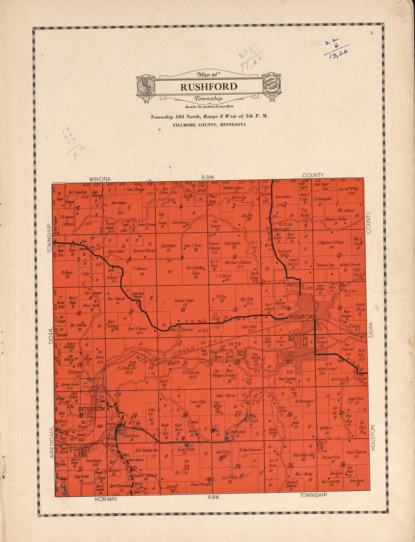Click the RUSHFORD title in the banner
point(209,87)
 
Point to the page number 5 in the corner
point(372,34)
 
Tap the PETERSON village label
point(91,409)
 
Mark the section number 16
point(183,310)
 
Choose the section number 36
point(342,464)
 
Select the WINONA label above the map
point(100,179)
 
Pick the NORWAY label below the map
point(106,499)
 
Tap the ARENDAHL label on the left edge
point(53,442)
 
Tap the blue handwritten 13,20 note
point(338,54)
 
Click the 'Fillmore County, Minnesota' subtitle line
point(209,125)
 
